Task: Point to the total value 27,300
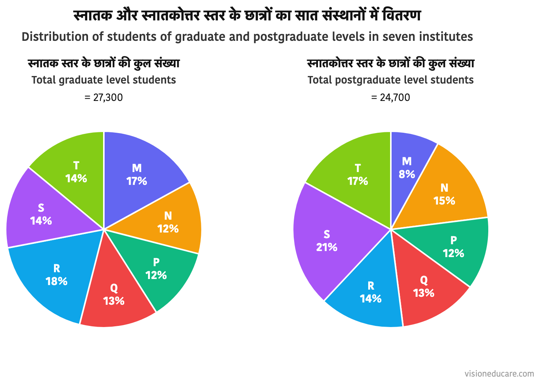(x=108, y=98)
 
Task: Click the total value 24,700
(x=395, y=98)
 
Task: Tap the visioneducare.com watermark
(x=499, y=374)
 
